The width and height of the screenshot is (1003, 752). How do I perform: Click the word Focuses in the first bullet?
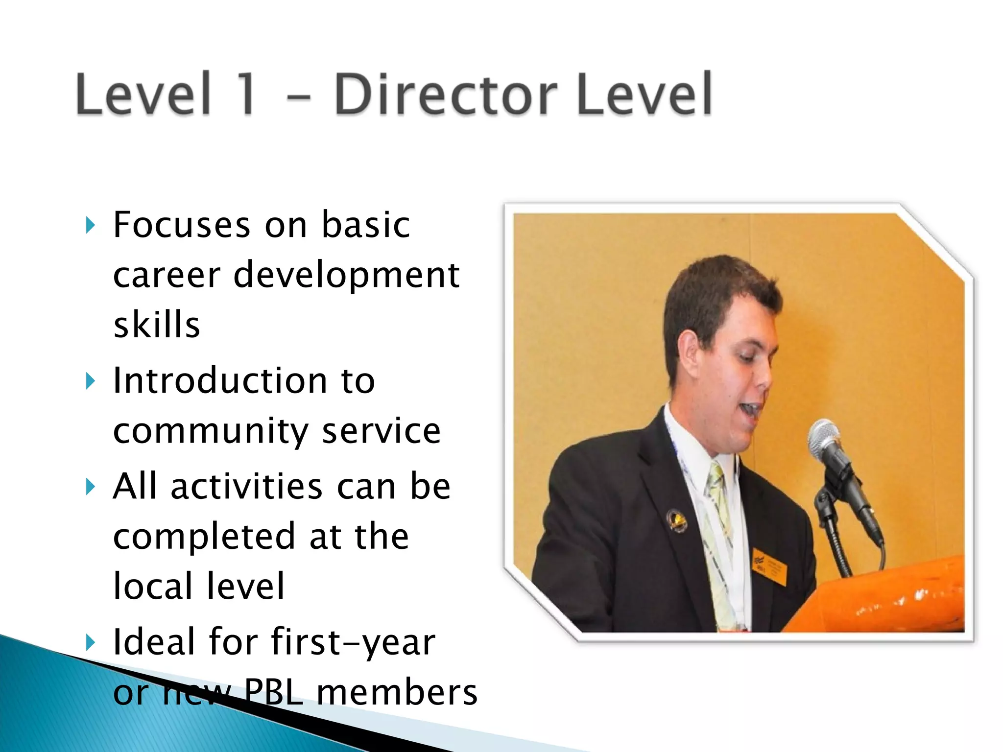coord(182,225)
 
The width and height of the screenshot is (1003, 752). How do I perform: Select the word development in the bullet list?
coord(346,275)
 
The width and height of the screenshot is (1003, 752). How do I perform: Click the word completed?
coord(204,537)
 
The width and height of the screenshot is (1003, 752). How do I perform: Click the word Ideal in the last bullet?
coord(154,641)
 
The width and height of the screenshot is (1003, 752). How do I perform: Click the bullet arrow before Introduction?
coord(90,381)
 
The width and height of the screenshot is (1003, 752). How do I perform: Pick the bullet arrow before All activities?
coord(90,487)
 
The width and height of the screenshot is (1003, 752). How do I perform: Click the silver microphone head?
coord(824,437)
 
